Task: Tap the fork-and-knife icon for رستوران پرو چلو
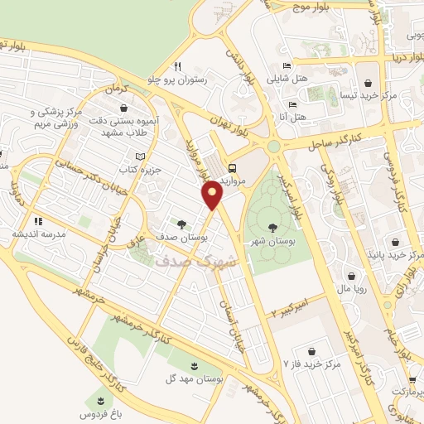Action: coord(176,66)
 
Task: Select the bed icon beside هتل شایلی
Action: coord(287,65)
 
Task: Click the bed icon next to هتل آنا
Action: coord(291,104)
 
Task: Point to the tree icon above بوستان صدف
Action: coord(181,224)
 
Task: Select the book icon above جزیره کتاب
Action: coord(140,157)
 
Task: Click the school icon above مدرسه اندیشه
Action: coord(37,221)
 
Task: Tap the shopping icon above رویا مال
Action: coord(353,277)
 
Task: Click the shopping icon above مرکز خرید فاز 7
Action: coord(311,351)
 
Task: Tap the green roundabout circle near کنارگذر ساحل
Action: coord(273,147)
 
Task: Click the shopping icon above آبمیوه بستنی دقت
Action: coord(124,107)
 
